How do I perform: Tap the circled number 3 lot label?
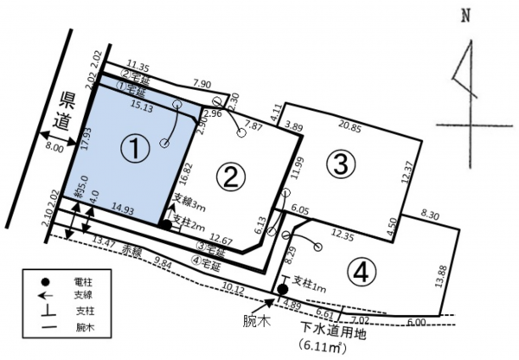pyautogui.click(x=340, y=162)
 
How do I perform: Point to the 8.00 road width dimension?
pyautogui.click(x=54, y=148)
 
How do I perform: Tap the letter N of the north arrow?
pyautogui.click(x=465, y=15)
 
